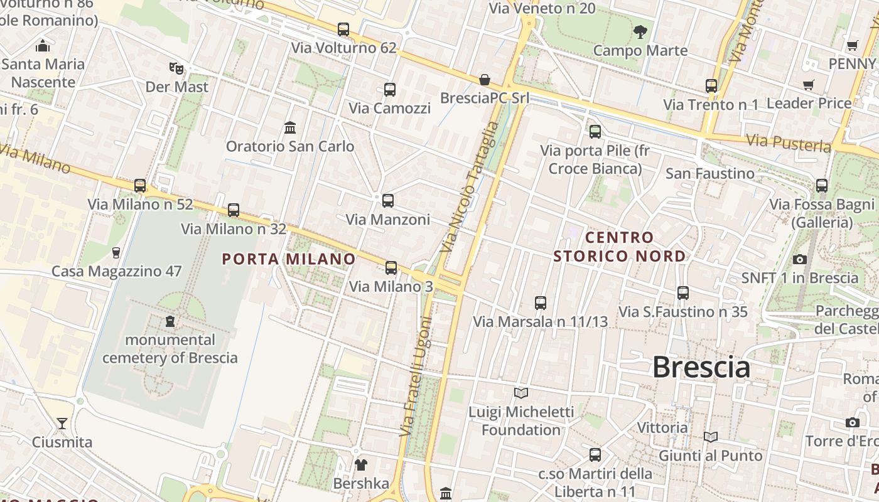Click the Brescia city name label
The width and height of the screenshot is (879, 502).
[x=701, y=367]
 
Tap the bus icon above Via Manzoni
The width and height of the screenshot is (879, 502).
[x=388, y=201]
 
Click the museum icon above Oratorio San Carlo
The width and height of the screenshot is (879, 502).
[x=290, y=127]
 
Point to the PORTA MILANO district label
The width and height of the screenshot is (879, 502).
[x=289, y=259]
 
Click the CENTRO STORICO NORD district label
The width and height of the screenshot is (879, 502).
[x=620, y=247]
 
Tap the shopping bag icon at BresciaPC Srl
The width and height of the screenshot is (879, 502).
[x=485, y=80]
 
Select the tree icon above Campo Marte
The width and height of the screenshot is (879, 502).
[x=640, y=31]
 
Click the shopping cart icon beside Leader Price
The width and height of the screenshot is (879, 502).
[x=809, y=85]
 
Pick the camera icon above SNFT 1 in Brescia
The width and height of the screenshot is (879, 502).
[x=799, y=259]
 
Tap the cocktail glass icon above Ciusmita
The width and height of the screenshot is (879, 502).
[x=62, y=423]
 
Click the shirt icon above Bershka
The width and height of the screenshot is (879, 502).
[x=361, y=465]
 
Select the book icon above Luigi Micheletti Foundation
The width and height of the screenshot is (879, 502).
[x=521, y=393]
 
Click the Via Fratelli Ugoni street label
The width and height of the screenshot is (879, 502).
[x=416, y=376]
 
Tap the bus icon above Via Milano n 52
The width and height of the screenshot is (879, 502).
[x=140, y=186]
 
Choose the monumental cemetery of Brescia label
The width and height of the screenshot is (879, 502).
[x=170, y=349]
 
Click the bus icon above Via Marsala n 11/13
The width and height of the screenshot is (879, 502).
[x=541, y=303]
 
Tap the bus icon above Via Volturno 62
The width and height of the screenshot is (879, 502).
[x=343, y=29]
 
